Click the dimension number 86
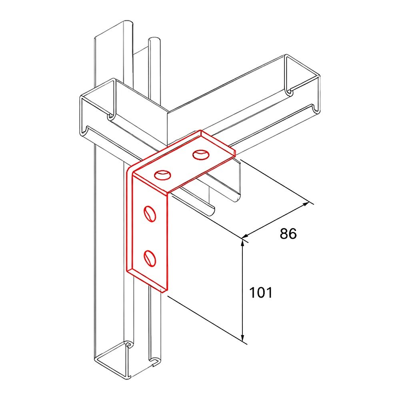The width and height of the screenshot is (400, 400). pos(288,234)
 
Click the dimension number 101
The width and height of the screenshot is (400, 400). pos(261,293)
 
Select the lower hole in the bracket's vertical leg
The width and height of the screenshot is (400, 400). pos(150,258)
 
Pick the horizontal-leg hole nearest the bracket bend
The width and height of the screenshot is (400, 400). pos(162,175)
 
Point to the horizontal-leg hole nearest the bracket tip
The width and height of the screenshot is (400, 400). pos(201,155)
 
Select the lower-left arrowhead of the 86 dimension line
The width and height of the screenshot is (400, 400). pos(246,236)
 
